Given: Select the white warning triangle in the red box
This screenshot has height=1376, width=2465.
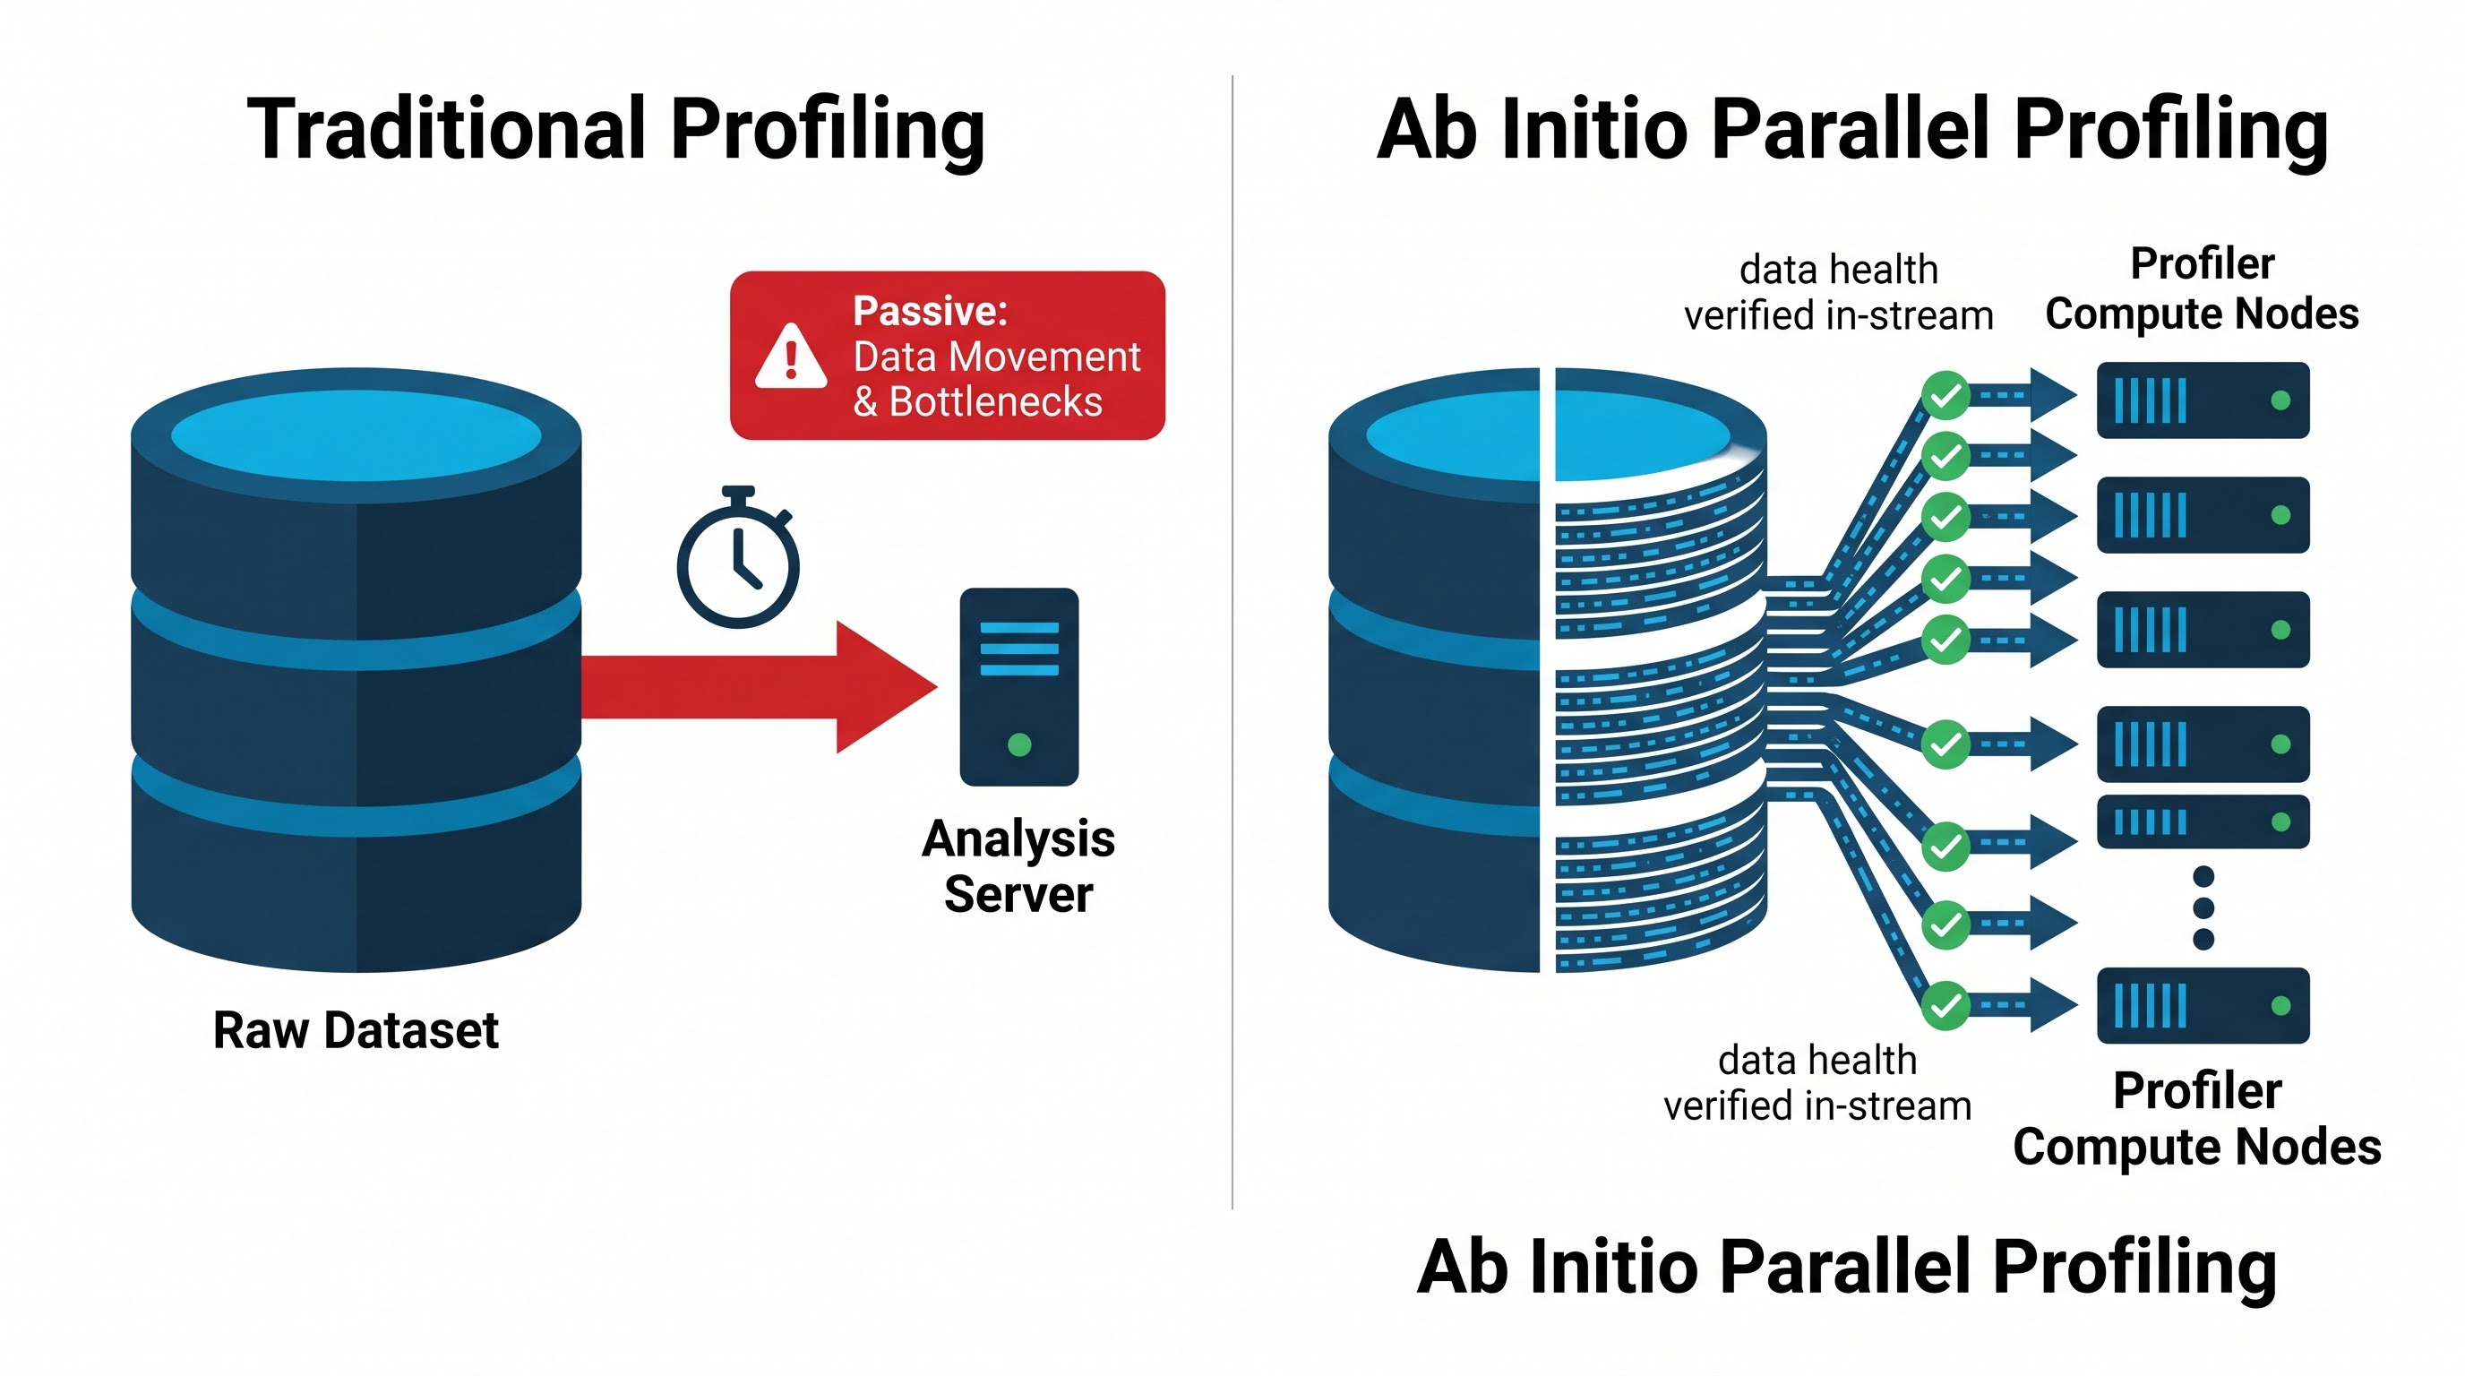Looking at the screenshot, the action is pyautogui.click(x=790, y=357).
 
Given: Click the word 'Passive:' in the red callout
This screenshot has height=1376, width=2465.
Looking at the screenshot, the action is pyautogui.click(x=930, y=311).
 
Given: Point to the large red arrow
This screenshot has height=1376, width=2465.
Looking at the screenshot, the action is pyautogui.click(x=759, y=687).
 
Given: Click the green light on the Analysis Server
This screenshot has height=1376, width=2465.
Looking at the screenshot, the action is pyautogui.click(x=1019, y=744).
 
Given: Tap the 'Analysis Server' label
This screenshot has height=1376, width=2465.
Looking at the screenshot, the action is pyautogui.click(x=1018, y=866).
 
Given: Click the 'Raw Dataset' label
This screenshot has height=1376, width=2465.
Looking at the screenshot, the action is pyautogui.click(x=356, y=1030).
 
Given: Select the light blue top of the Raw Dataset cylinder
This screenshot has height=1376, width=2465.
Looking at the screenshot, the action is pyautogui.click(x=356, y=435).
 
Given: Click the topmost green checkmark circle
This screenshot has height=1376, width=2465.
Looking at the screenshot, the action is pyautogui.click(x=1945, y=395).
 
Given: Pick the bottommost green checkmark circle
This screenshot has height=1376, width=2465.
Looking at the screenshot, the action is pyautogui.click(x=1945, y=1006).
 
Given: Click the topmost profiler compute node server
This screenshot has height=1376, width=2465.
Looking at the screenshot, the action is pyautogui.click(x=2203, y=400).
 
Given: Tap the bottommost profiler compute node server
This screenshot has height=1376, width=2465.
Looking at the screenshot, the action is pyautogui.click(x=2203, y=1006).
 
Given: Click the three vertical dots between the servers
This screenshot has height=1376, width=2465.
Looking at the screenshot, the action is pyautogui.click(x=2203, y=907).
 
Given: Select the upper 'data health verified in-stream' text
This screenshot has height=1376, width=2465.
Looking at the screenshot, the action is pyautogui.click(x=1838, y=293).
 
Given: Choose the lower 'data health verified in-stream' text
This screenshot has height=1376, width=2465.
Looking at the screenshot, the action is pyautogui.click(x=1817, y=1083).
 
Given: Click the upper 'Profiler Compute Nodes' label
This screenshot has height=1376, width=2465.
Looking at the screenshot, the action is pyautogui.click(x=2202, y=289).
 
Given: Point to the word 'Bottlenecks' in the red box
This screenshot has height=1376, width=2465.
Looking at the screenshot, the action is pyautogui.click(x=995, y=402).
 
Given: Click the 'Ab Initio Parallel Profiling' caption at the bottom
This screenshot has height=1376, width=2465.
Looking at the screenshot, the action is pyautogui.click(x=1846, y=1268).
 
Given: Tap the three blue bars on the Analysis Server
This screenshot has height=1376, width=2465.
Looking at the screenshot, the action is pyautogui.click(x=1019, y=649).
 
